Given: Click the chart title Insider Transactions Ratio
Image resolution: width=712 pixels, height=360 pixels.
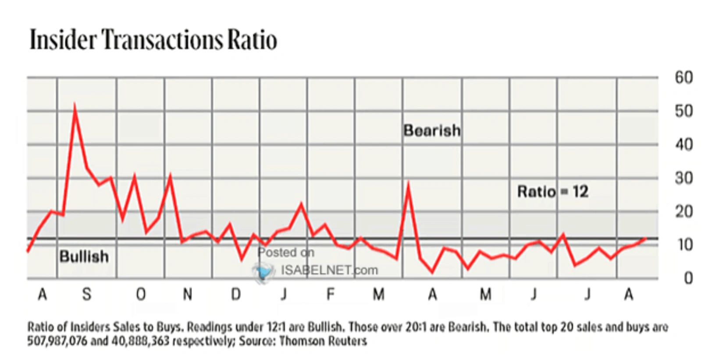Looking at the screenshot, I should tap(153, 40).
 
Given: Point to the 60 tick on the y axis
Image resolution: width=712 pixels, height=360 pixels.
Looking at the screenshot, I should tap(684, 78).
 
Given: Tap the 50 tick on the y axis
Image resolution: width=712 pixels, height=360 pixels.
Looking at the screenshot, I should tap(684, 111).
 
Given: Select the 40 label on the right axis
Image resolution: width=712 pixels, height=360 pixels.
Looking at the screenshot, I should tap(684, 144).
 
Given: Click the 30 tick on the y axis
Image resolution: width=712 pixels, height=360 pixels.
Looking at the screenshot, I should tap(684, 178).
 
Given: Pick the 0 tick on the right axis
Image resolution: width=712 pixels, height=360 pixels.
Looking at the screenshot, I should tap(688, 278).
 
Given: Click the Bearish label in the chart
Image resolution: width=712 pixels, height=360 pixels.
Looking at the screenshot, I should tap(432, 130).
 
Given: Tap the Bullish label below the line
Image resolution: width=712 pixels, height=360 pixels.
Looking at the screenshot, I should tap(84, 257).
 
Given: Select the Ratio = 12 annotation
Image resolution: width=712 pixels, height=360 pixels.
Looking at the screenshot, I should tap(552, 192).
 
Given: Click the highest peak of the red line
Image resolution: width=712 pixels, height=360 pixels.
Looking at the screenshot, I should tap(75, 106).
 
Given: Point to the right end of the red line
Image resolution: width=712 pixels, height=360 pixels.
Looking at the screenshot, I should tap(645, 239).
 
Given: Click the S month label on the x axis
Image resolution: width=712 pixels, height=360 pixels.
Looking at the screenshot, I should tap(87, 294).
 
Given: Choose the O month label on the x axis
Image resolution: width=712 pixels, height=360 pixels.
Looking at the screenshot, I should tap(140, 294).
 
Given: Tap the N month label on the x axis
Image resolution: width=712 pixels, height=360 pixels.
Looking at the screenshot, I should tap(188, 294).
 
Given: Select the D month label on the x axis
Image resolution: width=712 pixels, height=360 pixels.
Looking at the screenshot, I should tap(236, 294).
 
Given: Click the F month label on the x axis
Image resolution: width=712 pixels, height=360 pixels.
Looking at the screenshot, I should tap(331, 294).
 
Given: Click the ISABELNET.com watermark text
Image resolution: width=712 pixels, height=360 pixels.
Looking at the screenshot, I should tap(329, 270).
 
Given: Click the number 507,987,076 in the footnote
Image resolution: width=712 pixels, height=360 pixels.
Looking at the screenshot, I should tap(57, 341).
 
